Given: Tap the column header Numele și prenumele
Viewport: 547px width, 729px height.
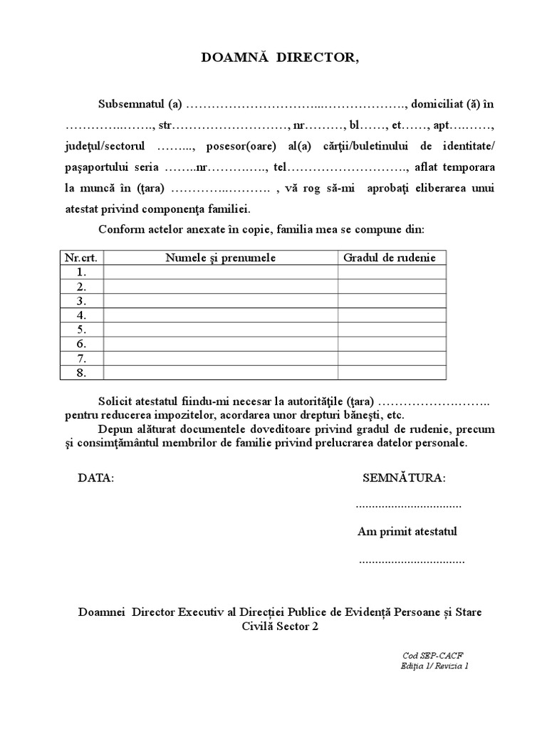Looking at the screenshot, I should (221, 258).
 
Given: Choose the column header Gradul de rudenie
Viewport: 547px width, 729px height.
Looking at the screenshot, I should (390, 258).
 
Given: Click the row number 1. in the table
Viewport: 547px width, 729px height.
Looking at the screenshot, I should (81, 272).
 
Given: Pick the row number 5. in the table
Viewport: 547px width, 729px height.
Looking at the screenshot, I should (81, 330).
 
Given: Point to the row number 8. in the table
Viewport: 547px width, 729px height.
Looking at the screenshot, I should (81, 372).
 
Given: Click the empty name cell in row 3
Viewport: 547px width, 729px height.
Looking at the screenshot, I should (221, 301).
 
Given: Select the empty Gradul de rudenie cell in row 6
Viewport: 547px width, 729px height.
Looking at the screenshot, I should (392, 344).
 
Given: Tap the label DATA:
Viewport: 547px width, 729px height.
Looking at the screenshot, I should (95, 478).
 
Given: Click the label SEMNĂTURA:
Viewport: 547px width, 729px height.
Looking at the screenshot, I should (404, 478).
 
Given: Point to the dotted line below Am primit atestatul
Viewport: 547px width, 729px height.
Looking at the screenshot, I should (411, 561).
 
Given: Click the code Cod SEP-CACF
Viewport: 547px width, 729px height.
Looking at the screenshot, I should (427, 655).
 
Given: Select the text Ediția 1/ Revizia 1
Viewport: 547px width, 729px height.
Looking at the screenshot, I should (434, 666).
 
